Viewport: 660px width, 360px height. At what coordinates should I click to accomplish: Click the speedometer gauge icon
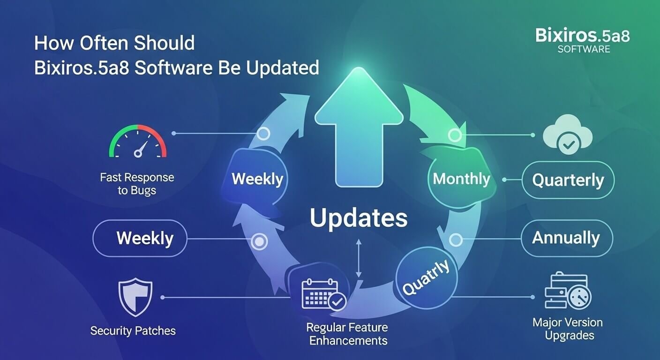click(138, 142)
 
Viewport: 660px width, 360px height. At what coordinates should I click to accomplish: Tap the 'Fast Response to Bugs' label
click(137, 184)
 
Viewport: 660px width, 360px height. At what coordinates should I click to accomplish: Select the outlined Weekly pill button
click(140, 238)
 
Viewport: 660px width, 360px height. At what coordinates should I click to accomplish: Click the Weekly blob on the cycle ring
click(257, 179)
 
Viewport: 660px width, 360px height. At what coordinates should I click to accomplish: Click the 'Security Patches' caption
click(133, 331)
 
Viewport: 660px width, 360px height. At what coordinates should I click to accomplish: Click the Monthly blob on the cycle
click(461, 179)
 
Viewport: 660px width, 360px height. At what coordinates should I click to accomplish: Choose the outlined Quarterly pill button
click(568, 180)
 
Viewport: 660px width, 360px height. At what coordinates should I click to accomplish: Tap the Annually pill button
click(566, 238)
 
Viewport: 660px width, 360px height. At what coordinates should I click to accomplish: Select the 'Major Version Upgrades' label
click(568, 329)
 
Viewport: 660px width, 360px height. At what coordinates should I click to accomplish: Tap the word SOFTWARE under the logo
click(584, 49)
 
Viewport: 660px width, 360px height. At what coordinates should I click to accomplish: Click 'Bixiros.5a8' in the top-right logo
click(583, 36)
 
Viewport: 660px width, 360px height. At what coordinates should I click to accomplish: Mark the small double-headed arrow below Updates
click(359, 258)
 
